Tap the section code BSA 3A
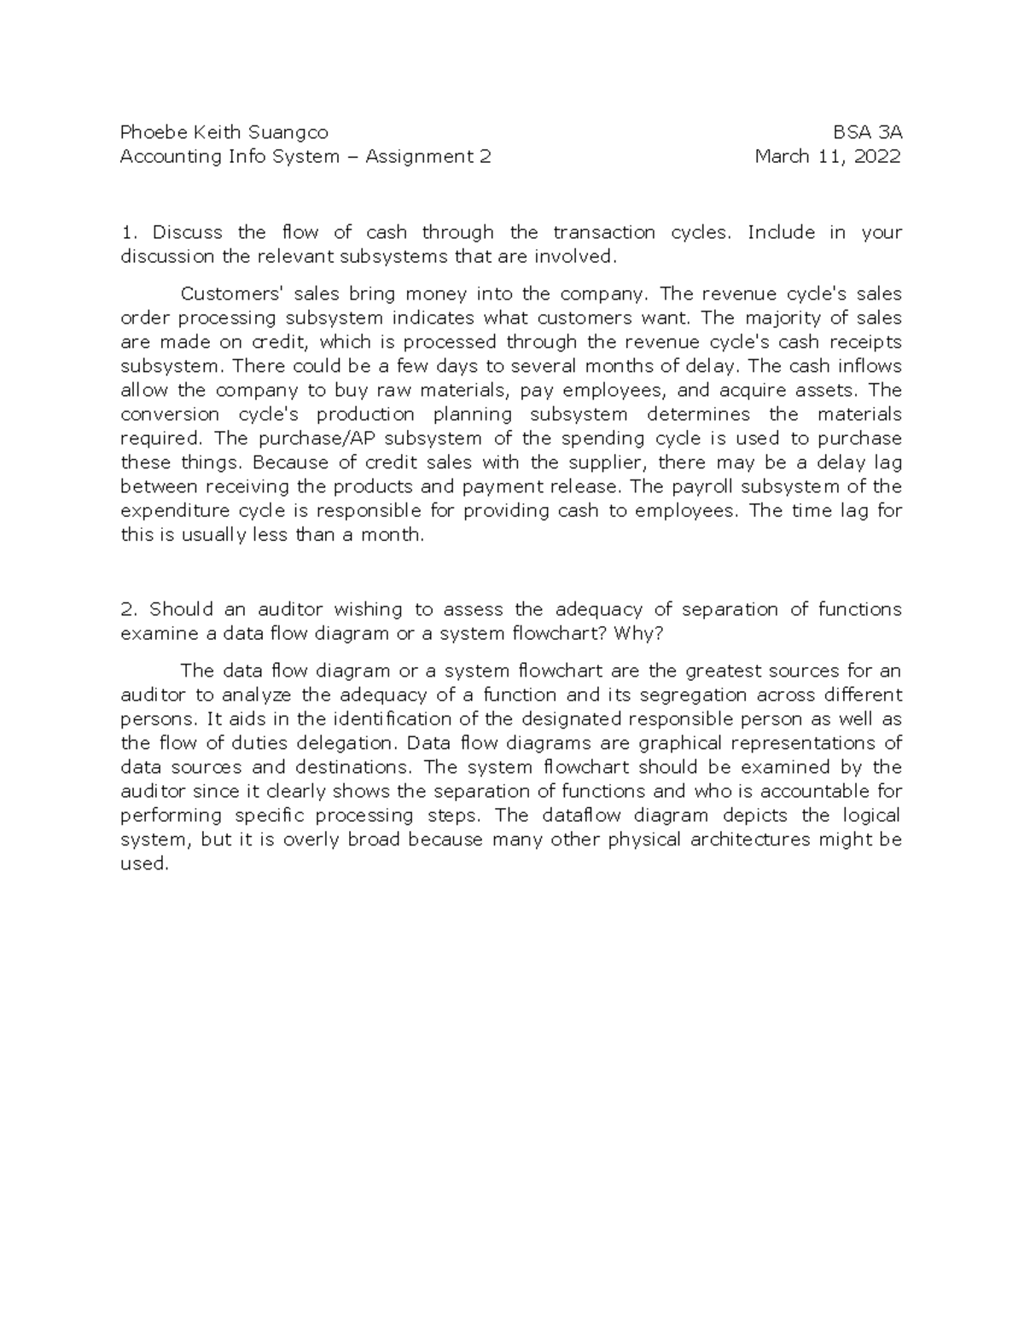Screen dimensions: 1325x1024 (x=868, y=132)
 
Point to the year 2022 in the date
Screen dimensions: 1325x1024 (x=877, y=156)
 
